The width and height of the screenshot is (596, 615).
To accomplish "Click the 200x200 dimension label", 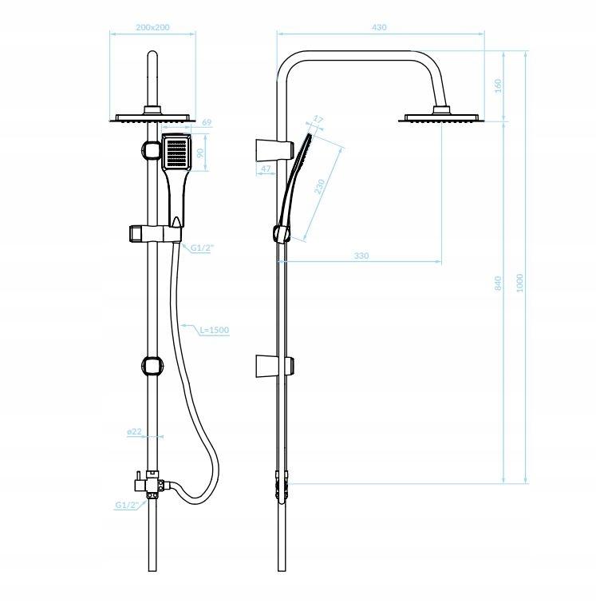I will (x=152, y=27).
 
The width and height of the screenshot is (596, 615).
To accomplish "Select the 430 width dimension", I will (x=379, y=27).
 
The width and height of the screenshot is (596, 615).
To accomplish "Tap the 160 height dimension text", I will (x=498, y=85).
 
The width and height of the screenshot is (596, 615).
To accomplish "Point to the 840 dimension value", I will (x=498, y=283).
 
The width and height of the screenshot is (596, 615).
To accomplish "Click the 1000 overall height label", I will (x=520, y=283).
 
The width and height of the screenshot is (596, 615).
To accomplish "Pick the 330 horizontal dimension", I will (x=361, y=256).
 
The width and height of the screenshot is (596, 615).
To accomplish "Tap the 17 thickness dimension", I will (x=318, y=120).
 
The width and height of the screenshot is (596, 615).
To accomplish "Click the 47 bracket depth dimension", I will (x=266, y=169).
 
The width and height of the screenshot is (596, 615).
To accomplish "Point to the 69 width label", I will (x=206, y=122).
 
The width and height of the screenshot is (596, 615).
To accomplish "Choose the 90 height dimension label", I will (x=201, y=152).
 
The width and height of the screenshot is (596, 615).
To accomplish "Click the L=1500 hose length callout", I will (x=214, y=329).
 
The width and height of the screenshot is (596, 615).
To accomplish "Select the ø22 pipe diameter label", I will (x=134, y=431).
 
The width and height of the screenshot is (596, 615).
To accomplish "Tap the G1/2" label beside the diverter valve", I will (x=128, y=505).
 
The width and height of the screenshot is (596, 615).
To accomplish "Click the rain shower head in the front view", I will (x=152, y=118).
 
